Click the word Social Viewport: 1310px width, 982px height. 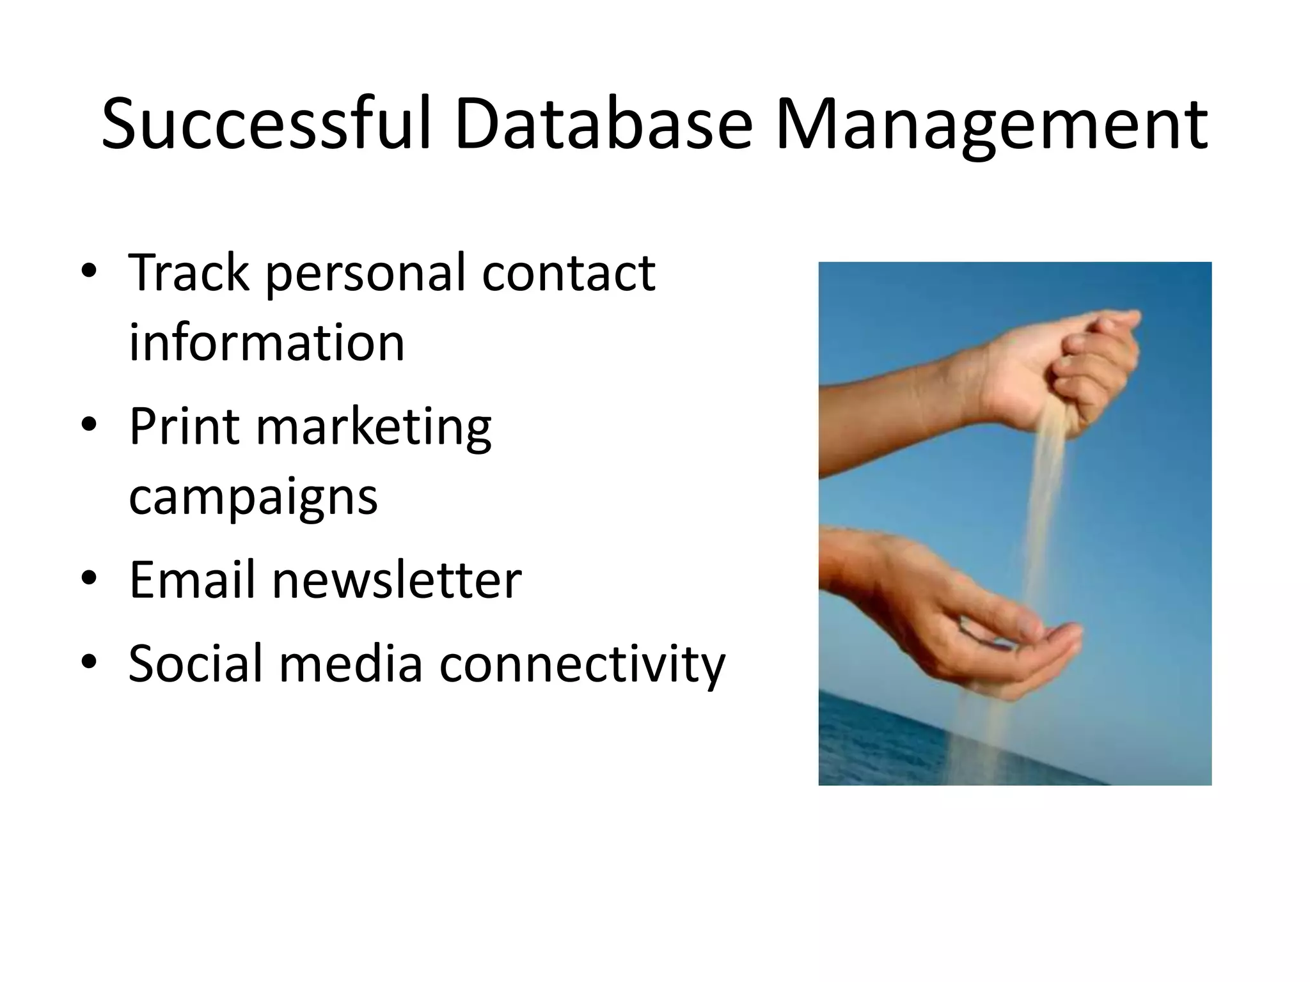[195, 663]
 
